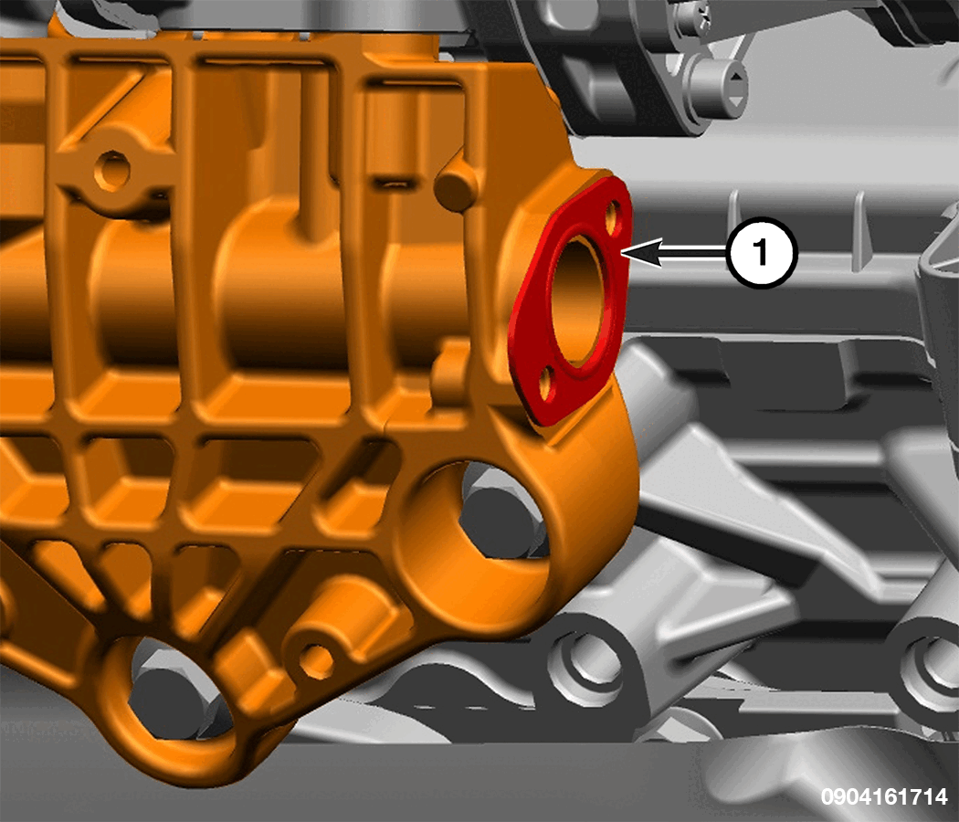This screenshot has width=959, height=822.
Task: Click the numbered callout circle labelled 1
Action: (762, 252)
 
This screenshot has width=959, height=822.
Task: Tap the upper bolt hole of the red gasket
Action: (614, 216)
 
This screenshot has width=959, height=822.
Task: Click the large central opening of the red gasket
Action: (578, 300)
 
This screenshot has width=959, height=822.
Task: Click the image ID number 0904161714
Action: (884, 796)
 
